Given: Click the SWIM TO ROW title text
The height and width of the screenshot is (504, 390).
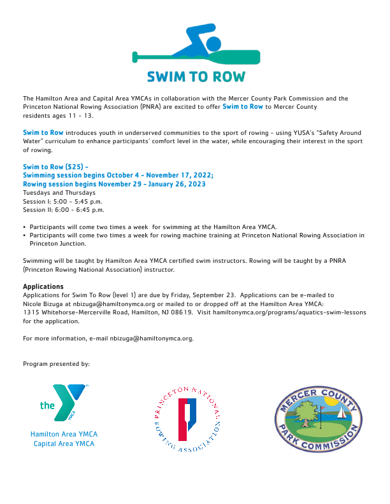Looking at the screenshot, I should (x=196, y=77).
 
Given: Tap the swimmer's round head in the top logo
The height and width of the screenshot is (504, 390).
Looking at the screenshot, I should (x=213, y=44).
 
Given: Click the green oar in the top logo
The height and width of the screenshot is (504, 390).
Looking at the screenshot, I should (x=196, y=58).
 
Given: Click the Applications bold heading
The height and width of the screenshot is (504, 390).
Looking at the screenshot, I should (x=43, y=286).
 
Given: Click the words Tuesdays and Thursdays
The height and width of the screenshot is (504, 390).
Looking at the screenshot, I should (x=59, y=192).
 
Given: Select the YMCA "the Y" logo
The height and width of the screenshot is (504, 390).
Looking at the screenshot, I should (x=64, y=404).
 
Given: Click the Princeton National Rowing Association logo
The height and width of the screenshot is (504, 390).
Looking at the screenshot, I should (x=188, y=421).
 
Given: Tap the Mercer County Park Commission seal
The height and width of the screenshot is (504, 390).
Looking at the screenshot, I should (x=318, y=419).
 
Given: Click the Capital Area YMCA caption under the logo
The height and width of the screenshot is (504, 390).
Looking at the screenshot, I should (x=64, y=443).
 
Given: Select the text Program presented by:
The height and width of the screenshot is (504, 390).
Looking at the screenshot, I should (x=56, y=364).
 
